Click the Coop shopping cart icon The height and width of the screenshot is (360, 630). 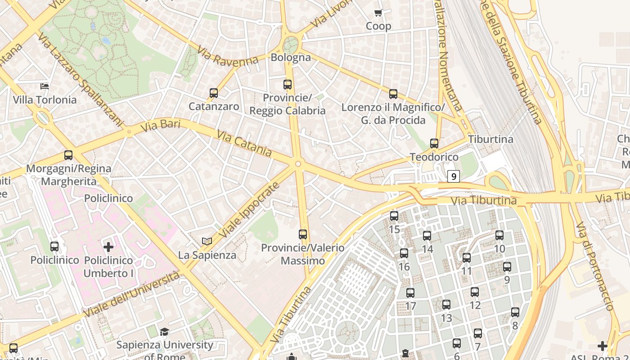[x=378, y=13]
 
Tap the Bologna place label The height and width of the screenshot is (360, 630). [x=290, y=58]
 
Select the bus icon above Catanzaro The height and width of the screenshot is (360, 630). [x=214, y=93]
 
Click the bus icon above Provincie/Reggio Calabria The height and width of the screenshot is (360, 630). [x=287, y=84]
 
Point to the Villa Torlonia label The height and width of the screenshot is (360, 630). [x=45, y=100]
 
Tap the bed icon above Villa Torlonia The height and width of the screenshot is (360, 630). [x=45, y=85]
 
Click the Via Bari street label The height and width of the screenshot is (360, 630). [x=160, y=126]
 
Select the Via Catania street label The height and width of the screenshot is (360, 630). [x=244, y=144]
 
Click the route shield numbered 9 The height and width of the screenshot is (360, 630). [x=453, y=176]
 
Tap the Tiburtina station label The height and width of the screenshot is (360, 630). [x=490, y=139]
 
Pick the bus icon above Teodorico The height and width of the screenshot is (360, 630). [x=434, y=144]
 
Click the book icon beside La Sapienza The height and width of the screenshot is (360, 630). [x=207, y=242]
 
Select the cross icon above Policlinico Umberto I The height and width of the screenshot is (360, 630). [x=108, y=247]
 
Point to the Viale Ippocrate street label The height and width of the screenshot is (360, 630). [x=249, y=211]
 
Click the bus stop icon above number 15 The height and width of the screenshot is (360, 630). [x=394, y=216]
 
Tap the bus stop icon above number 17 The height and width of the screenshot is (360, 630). [x=410, y=293]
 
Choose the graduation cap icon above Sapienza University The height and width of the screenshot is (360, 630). [x=164, y=332]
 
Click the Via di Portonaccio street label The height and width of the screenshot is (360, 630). [x=595, y=266]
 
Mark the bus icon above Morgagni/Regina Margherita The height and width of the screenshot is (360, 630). [x=68, y=155]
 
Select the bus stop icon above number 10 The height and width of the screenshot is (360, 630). [x=499, y=235]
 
